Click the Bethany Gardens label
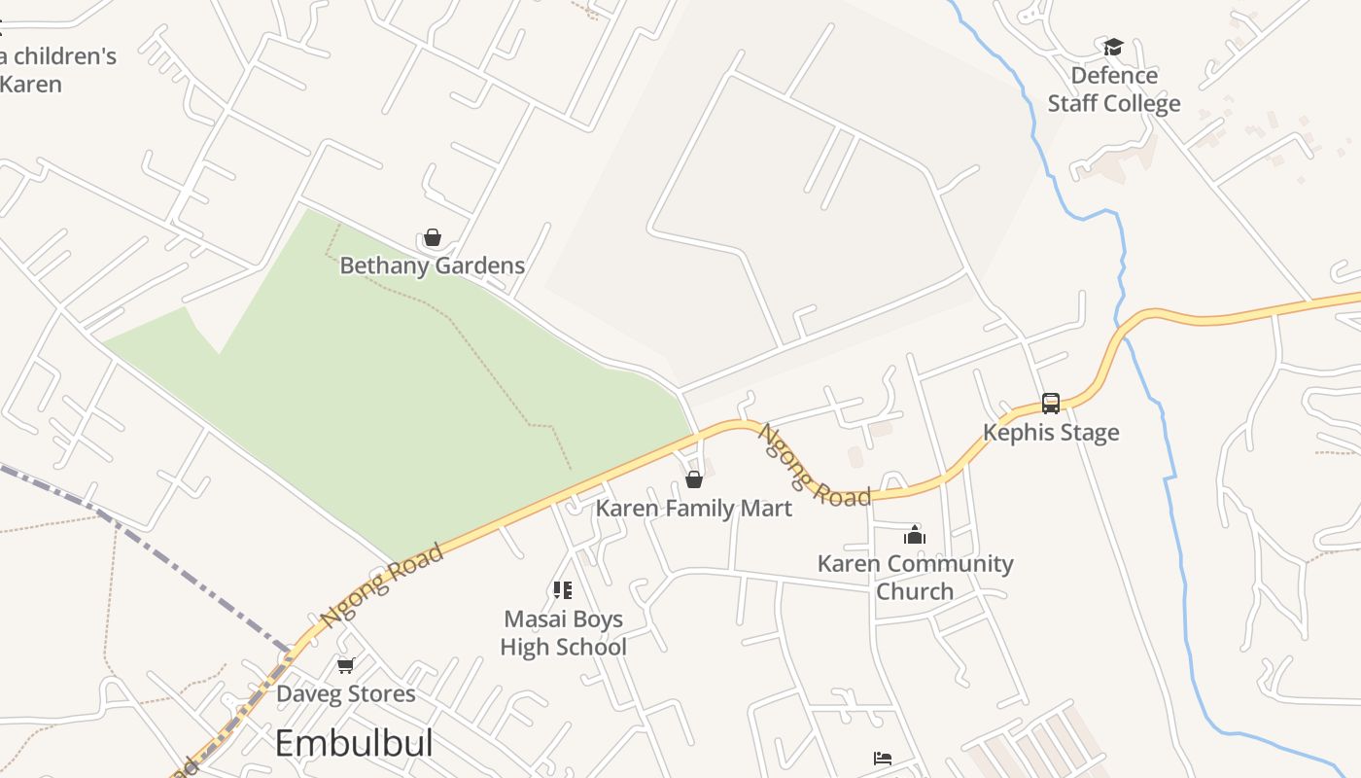pos(432,265)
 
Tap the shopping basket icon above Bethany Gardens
pos(433,237)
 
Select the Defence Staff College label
pos(1114,89)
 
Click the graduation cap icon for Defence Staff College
pos(1113,47)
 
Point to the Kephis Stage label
pos(1051,433)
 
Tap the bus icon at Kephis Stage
pos(1051,403)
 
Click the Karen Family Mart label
pos(694,508)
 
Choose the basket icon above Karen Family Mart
pos(694,479)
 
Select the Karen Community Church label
pos(915,577)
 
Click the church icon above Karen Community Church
pos(914,534)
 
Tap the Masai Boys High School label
pos(563,633)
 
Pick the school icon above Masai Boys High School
pos(562,589)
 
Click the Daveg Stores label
pos(345,694)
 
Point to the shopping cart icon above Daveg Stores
pos(345,666)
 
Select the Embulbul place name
pos(353,744)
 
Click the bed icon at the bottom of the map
pos(883,759)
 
